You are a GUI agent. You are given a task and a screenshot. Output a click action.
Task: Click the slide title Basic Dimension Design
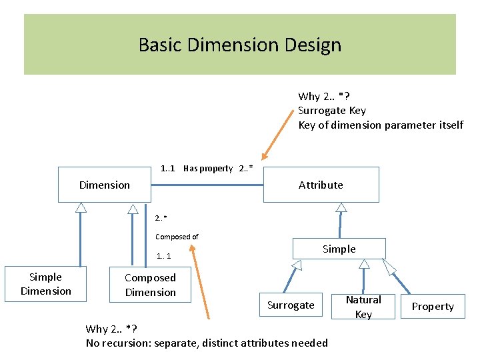[x=240, y=45]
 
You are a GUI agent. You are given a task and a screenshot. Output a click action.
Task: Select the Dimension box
[x=105, y=185]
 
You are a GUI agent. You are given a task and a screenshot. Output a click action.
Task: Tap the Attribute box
[x=321, y=185]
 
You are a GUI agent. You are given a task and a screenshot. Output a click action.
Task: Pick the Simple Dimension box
[x=46, y=284]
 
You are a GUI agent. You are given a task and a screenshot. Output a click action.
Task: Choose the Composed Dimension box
[x=150, y=285]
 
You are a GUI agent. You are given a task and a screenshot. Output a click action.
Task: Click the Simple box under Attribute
[x=339, y=249]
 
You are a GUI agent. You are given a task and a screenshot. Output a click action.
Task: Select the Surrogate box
[x=291, y=305]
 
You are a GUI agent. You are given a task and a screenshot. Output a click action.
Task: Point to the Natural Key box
[x=363, y=307]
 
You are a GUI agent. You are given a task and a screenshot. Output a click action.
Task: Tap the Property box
[x=433, y=307]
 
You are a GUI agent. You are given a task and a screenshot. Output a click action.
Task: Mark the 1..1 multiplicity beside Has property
[x=168, y=169]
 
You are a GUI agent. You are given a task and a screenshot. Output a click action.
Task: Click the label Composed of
[x=177, y=237]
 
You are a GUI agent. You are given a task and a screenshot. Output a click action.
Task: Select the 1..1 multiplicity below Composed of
[x=163, y=256]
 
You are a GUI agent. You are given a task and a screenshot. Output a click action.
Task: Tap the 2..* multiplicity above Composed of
[x=161, y=218]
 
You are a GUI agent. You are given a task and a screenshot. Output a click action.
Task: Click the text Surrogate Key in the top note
[x=331, y=111]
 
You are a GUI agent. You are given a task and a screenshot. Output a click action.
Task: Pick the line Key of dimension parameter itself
[x=380, y=125]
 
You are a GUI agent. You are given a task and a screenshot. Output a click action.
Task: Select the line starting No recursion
[x=207, y=343]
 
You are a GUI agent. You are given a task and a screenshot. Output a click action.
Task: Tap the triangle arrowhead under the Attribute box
[x=341, y=207]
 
